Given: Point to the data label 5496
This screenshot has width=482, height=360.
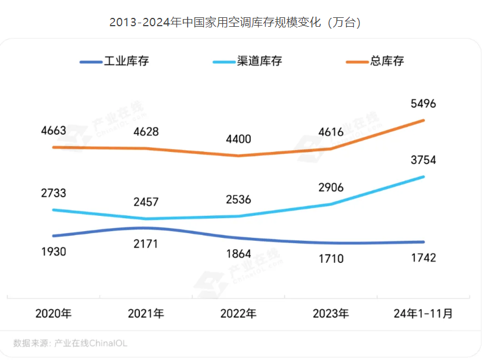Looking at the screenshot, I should pos(424,104).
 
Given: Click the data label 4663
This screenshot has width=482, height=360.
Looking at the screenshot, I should pos(53,131).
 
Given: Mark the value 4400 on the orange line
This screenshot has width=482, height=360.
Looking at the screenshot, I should pos(238,139).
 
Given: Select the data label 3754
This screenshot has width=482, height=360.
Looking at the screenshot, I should pos(424,160).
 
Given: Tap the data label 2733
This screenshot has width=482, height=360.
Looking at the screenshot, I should pos(53,193).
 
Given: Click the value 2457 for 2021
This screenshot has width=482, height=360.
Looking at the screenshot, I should pos(146,202).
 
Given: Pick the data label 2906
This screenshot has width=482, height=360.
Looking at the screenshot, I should pos(331,187).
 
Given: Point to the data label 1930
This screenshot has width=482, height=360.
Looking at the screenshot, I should pos(53,252).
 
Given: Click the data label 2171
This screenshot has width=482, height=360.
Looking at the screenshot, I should pos(146,244).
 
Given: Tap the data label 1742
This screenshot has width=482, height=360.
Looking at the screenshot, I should pos(424,257).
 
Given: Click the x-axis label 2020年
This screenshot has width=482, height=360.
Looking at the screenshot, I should pos(53,314).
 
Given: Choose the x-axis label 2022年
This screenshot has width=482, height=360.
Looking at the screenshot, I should pos(238,314).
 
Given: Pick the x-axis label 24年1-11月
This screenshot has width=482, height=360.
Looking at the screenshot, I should pos(424,314).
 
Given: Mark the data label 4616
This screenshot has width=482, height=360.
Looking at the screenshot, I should pos(331,132).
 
